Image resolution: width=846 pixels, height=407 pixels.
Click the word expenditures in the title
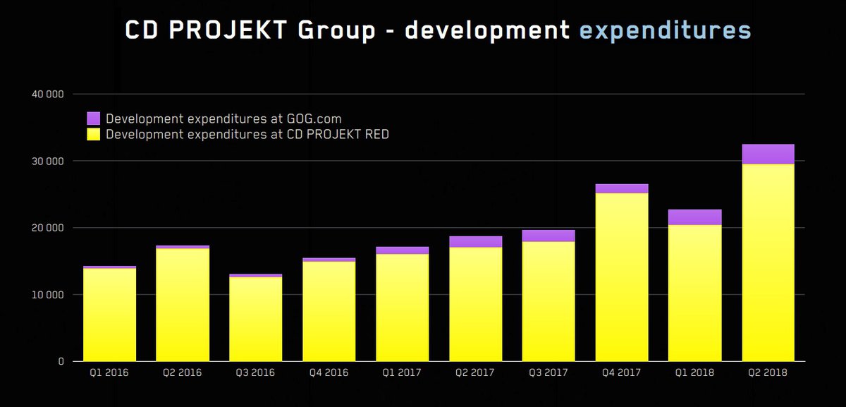click(x=665, y=30)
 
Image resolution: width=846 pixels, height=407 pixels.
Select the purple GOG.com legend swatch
click(x=94, y=119)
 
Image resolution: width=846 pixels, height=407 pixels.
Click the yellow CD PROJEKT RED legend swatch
click(x=94, y=134)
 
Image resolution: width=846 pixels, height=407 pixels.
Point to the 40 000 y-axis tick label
click(x=49, y=94)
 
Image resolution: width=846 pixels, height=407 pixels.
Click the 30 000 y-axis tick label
click(x=49, y=161)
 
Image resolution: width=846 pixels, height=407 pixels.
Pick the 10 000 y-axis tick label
click(x=49, y=294)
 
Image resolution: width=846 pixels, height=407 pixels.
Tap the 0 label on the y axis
click(x=61, y=361)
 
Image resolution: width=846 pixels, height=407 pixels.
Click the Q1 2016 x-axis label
click(x=109, y=372)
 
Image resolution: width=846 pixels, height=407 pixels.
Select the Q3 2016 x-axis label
click(x=256, y=372)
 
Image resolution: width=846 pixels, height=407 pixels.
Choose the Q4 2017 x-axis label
click(x=622, y=372)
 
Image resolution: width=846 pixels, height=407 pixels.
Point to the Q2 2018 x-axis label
click(x=768, y=372)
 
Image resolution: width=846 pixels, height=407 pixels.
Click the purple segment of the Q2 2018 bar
click(x=768, y=154)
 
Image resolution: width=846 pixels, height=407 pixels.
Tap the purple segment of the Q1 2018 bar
click(x=695, y=217)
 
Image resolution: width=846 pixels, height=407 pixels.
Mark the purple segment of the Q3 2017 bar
click(x=548, y=236)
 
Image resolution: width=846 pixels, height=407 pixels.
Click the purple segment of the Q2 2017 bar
click(x=475, y=241)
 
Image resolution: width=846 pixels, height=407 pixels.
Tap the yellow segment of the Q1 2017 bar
click(x=402, y=308)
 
